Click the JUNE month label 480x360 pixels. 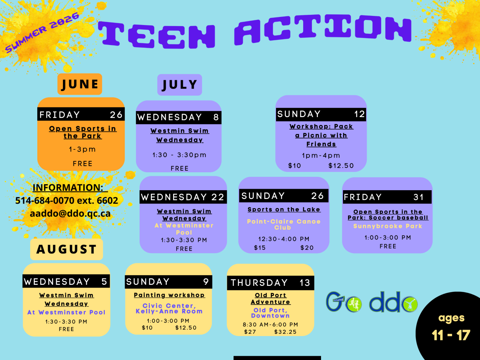click(x=80, y=84)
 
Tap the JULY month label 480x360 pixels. click(x=180, y=85)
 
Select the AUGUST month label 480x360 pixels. click(x=66, y=249)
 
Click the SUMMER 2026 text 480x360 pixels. click(x=42, y=33)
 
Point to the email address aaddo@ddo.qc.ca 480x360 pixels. click(x=70, y=213)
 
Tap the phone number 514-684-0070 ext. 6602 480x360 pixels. click(x=66, y=200)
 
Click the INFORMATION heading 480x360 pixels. click(x=70, y=187)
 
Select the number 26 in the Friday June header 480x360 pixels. click(x=116, y=115)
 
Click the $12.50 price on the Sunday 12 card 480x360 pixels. click(x=341, y=166)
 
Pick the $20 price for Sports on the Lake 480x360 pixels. click(x=307, y=247)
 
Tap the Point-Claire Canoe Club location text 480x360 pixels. click(x=284, y=225)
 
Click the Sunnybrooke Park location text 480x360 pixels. click(x=388, y=226)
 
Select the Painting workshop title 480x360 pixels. click(x=169, y=295)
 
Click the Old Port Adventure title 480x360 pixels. click(x=270, y=298)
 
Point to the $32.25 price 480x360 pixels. click(x=286, y=332)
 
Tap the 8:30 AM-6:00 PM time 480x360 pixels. click(x=270, y=324)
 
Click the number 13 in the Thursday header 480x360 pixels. click(x=305, y=283)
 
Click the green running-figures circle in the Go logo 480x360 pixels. click(x=353, y=304)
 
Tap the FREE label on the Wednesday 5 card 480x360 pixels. click(x=66, y=329)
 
